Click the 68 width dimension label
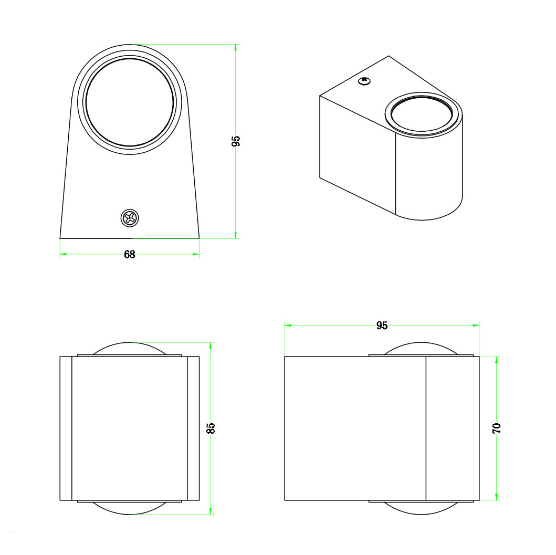point(130,255)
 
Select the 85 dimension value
point(211,428)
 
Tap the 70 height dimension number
point(497,428)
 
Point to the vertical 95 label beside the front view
point(236,141)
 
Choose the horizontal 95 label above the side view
point(382,326)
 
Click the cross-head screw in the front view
point(130,218)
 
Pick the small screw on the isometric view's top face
point(364,81)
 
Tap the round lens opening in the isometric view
point(422,114)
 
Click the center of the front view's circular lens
point(130,102)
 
